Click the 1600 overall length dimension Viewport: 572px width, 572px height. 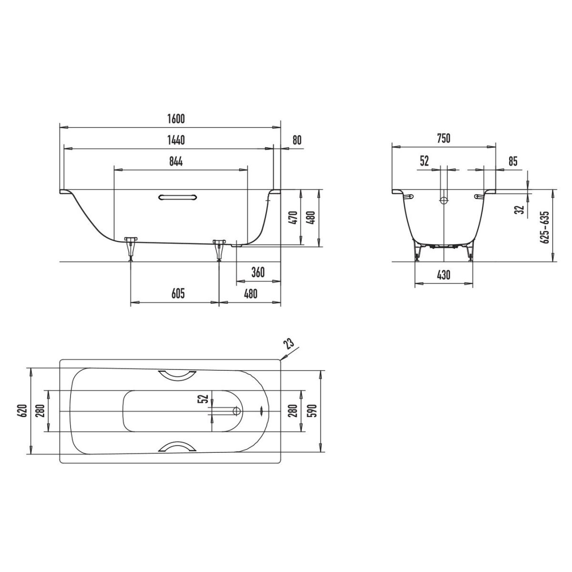click(176, 119)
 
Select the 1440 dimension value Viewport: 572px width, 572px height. click(176, 140)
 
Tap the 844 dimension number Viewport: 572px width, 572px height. click(176, 162)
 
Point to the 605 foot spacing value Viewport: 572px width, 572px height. click(178, 294)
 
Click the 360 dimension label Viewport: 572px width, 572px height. click(258, 272)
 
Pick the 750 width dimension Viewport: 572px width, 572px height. click(444, 139)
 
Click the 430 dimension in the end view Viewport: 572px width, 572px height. click(443, 275)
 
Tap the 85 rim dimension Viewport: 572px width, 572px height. click(512, 162)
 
